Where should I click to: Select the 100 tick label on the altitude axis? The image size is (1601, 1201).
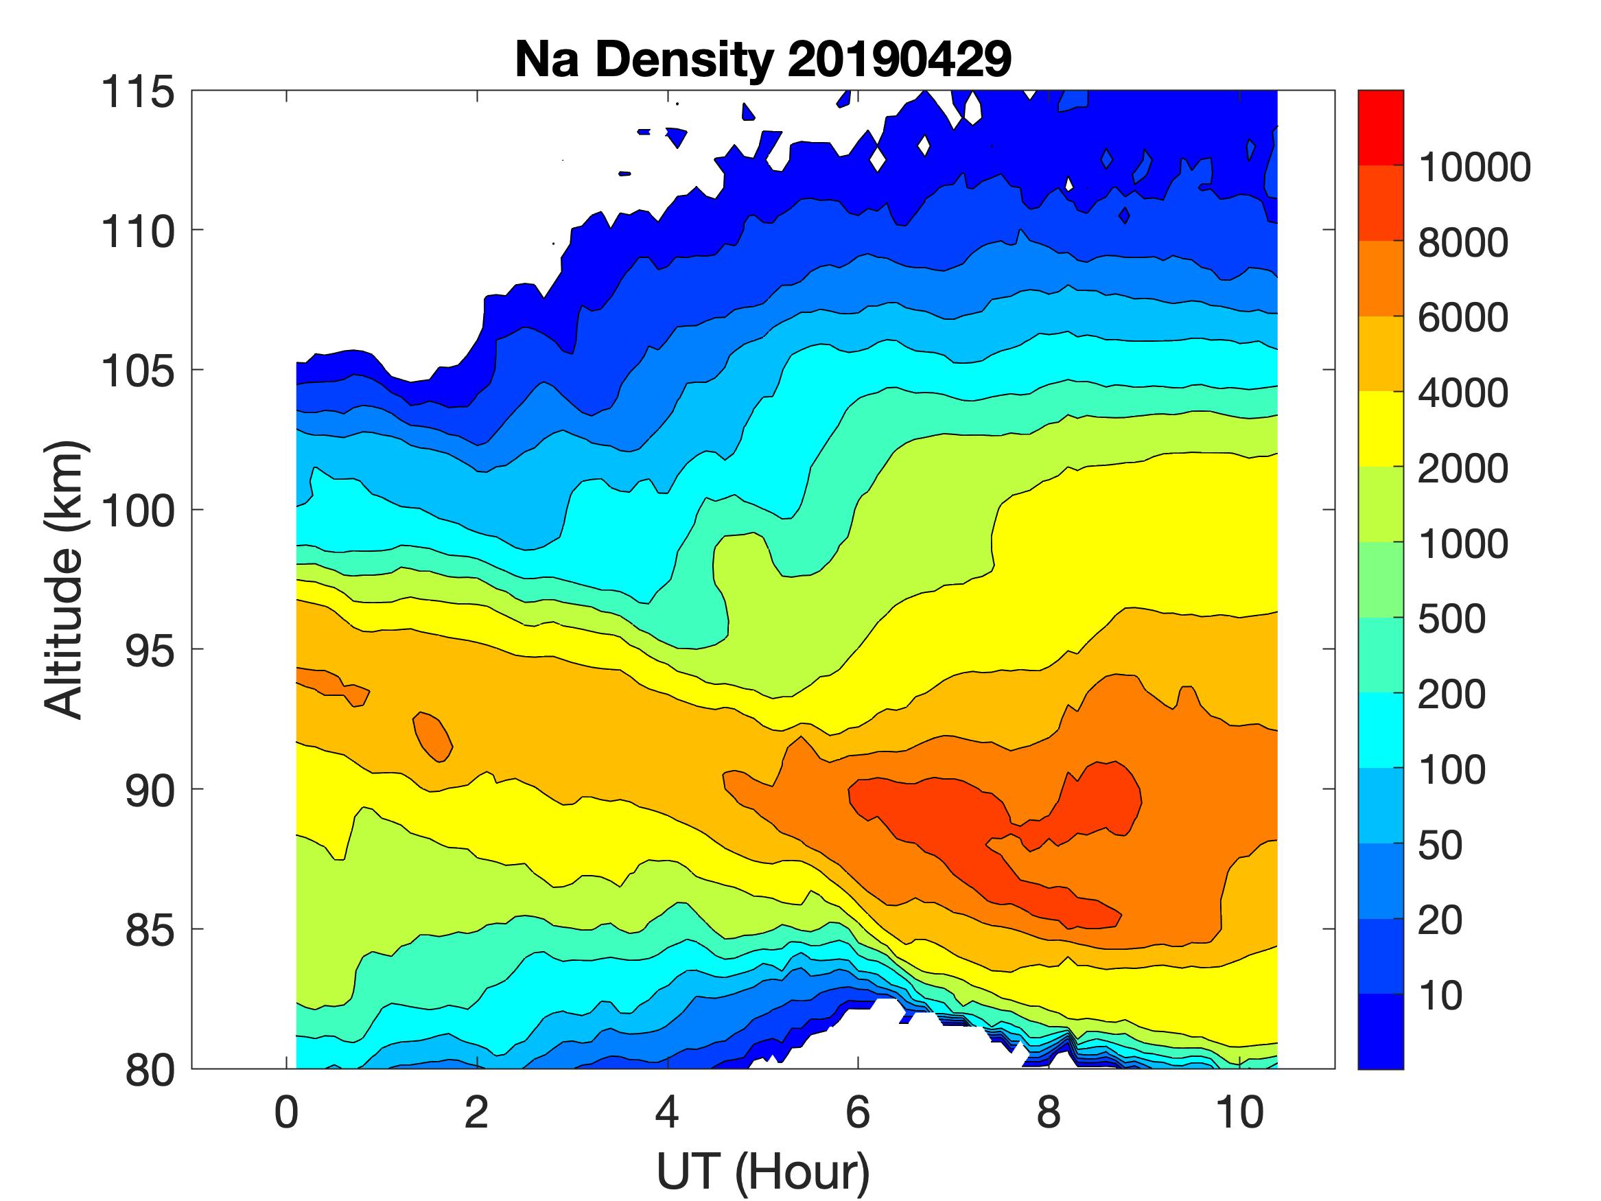coord(137,511)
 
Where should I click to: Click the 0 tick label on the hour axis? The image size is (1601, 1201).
coord(287,1112)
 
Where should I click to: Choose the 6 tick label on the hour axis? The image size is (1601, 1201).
coord(858,1112)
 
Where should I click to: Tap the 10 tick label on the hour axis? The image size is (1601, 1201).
coord(1240,1112)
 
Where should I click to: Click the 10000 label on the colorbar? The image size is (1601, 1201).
coord(1474,168)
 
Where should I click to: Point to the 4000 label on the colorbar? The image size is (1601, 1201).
coord(1463,394)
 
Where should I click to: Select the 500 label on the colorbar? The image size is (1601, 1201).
coord(1451,620)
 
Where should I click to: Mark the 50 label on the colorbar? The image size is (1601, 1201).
coord(1440,846)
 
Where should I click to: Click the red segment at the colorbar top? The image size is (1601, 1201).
coord(1380,128)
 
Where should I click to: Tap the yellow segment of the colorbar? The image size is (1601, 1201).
coord(1380,428)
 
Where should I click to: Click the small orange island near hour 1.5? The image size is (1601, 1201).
coord(432,736)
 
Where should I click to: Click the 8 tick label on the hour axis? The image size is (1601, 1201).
coord(1049,1112)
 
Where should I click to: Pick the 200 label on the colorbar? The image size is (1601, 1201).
coord(1451,695)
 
